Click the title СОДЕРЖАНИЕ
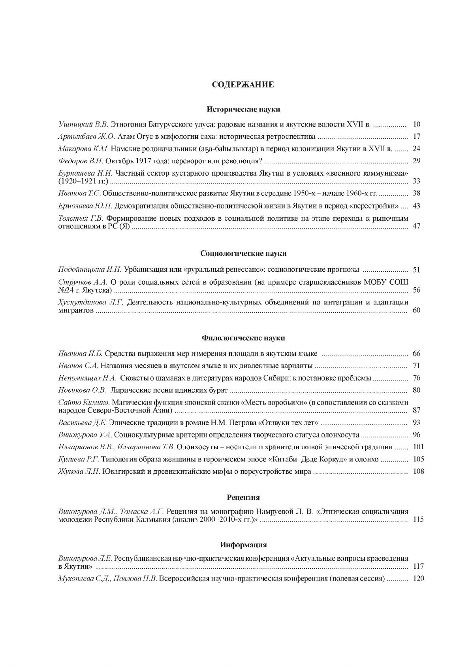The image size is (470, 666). (x=243, y=85)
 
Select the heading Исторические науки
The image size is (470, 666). (x=243, y=109)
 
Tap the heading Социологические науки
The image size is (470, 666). (x=243, y=254)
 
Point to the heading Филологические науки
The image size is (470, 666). (x=243, y=338)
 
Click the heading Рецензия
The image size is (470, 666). (x=243, y=497)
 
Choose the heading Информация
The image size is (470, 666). (x=243, y=545)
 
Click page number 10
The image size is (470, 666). (x=417, y=125)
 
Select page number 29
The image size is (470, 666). (x=417, y=161)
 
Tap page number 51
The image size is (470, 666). (x=417, y=270)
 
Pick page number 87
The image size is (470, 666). (x=417, y=410)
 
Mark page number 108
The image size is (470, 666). (x=418, y=471)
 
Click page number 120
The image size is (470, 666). (x=418, y=579)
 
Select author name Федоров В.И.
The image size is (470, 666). (x=81, y=161)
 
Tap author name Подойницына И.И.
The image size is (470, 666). (x=90, y=270)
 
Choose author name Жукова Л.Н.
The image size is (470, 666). (x=79, y=471)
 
